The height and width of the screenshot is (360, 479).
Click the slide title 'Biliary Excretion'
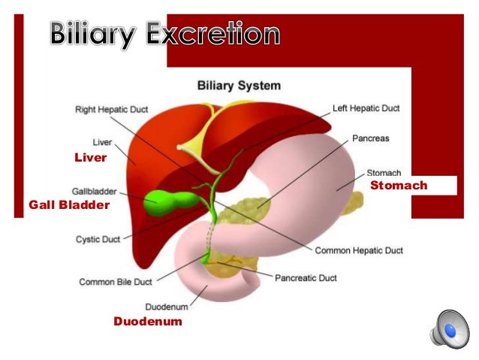click(x=165, y=35)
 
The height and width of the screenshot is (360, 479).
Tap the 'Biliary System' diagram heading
click(x=239, y=86)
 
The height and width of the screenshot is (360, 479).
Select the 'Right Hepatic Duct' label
click(x=112, y=109)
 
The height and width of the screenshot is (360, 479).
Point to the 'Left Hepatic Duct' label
click(x=366, y=108)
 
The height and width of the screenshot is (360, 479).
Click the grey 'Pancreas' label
click(x=371, y=138)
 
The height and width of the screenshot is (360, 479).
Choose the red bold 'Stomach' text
click(x=399, y=186)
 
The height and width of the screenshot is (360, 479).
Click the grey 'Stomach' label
click(x=384, y=173)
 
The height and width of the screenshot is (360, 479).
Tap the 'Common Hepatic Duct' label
click(x=359, y=250)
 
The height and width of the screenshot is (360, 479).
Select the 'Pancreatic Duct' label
click(x=306, y=278)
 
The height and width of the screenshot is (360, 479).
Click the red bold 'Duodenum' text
click(x=148, y=321)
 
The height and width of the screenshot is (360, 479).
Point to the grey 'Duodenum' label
click(x=167, y=307)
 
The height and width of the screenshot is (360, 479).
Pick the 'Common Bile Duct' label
click(x=116, y=282)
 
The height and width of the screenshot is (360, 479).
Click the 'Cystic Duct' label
click(x=98, y=239)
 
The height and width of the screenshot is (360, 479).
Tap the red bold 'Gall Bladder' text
click(x=69, y=205)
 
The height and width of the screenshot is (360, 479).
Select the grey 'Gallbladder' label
click(x=94, y=192)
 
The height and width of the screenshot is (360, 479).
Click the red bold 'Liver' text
click(x=91, y=158)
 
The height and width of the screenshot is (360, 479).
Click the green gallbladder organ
click(x=170, y=202)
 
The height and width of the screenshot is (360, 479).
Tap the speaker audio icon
click(x=450, y=329)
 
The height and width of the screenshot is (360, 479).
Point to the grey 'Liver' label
click(x=102, y=142)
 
